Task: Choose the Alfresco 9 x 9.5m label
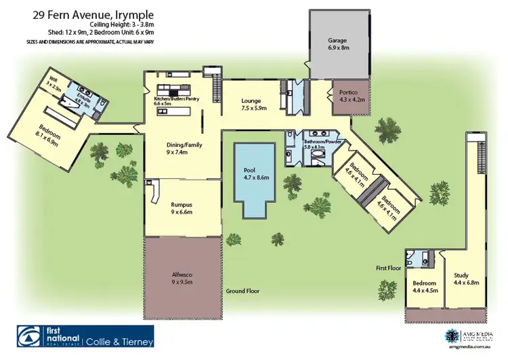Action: (x=182, y=278)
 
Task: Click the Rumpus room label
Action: (x=182, y=208)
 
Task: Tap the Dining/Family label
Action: (x=185, y=148)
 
